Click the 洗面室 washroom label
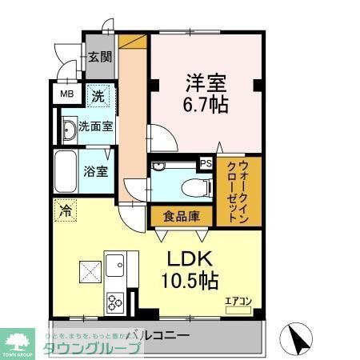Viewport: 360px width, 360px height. [94, 127]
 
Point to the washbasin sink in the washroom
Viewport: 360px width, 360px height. [68, 128]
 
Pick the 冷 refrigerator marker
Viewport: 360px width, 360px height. [63, 211]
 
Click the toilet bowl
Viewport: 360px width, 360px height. [190, 186]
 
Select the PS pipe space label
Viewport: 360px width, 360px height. [206, 164]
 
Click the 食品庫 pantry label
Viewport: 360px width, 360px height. [181, 217]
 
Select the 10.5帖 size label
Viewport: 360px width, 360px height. [192, 281]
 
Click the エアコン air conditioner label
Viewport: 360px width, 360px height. [238, 301]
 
